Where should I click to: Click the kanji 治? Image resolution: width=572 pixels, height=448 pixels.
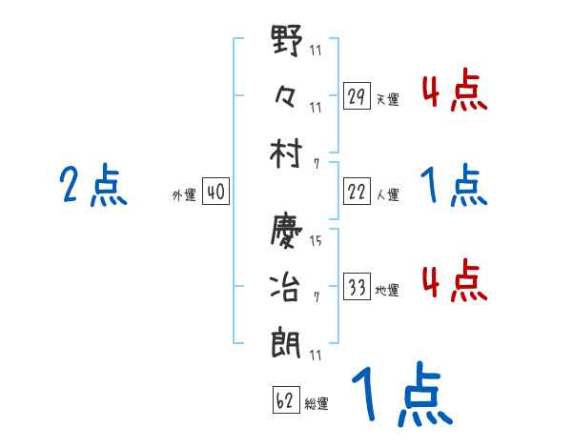click(x=286, y=286)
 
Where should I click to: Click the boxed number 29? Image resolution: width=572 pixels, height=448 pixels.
click(x=357, y=97)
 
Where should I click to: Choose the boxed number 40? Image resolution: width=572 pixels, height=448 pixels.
click(x=215, y=193)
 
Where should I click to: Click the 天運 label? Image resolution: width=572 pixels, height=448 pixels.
click(x=387, y=99)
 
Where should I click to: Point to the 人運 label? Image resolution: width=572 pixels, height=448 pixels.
click(x=387, y=194)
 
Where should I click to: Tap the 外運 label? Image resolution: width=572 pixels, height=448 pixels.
click(x=183, y=194)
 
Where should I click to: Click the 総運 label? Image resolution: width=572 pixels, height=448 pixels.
click(x=317, y=402)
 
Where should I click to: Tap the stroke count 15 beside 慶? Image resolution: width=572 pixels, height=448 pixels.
click(x=316, y=239)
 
